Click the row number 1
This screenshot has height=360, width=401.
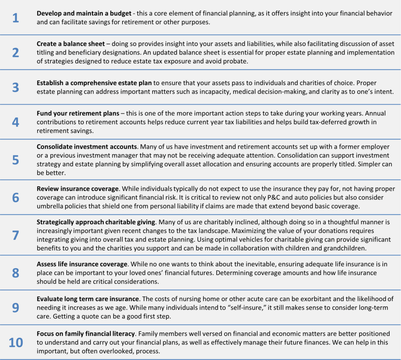(15, 18)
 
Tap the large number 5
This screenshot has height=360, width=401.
(15, 160)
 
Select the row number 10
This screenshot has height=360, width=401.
(16, 342)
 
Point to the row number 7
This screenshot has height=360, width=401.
(15, 235)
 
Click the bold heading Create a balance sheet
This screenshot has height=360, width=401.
(71, 44)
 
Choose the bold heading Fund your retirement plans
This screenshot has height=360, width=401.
(78, 113)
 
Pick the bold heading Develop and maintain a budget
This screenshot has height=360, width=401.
(84, 13)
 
